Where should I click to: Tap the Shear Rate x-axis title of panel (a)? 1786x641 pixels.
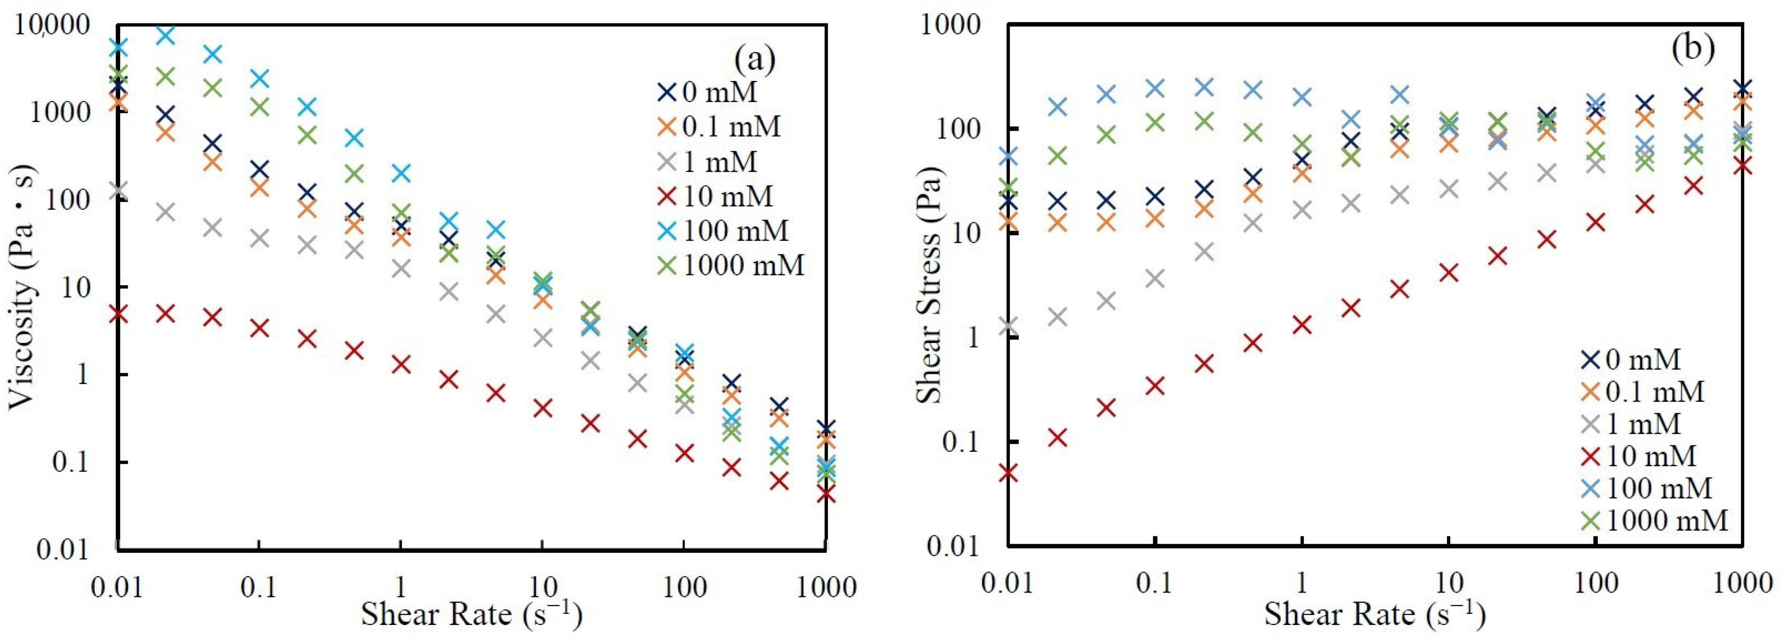471,614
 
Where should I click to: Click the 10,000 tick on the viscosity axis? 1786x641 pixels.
53,26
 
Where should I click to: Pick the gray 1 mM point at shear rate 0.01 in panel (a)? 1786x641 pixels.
118,190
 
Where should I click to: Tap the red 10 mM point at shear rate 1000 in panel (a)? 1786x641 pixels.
825,494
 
